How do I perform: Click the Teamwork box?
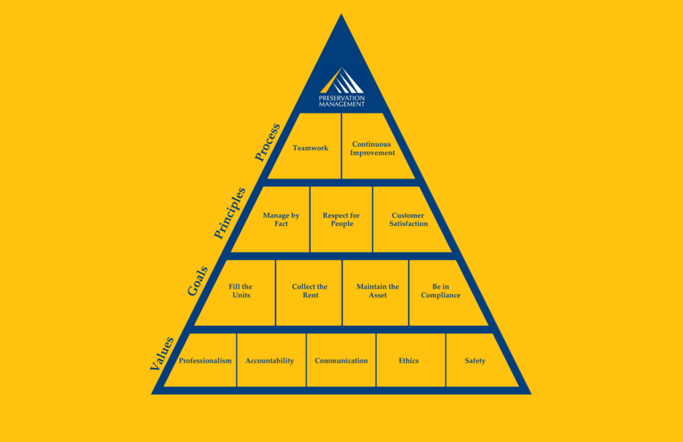pos(310,146)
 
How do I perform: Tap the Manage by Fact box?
pos(277,219)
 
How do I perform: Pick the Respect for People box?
pos(341,219)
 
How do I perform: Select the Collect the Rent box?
pos(309,293)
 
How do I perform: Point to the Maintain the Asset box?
pos(376,293)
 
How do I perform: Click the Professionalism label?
pos(205,361)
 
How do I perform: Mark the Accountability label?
pos(269,361)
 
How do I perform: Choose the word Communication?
pos(341,361)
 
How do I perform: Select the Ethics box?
pos(411,360)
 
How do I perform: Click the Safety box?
pos(477,360)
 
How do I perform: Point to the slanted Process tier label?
pos(267,142)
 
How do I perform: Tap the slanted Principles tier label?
pos(229,213)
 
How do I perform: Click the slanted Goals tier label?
pos(197,281)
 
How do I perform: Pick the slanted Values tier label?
pos(161,353)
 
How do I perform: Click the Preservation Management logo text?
pos(342,101)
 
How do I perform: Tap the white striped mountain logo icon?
pos(342,81)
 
